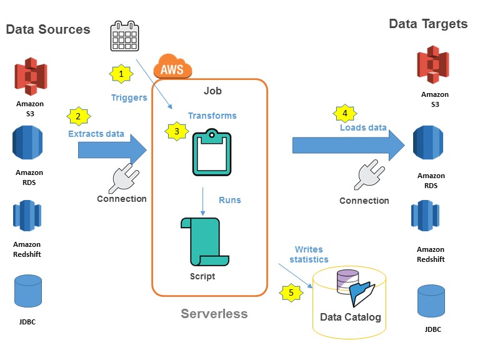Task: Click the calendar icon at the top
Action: tap(125, 36)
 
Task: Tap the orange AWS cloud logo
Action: tap(172, 66)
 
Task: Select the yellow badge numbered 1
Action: tap(121, 74)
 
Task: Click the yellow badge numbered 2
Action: tap(78, 116)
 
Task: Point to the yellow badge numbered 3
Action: tap(176, 131)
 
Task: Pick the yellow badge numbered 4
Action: tap(344, 113)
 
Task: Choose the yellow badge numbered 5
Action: tap(290, 292)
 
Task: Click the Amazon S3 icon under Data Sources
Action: tap(31, 76)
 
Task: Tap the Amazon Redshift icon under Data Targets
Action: tap(430, 216)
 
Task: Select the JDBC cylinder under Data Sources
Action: tap(28, 291)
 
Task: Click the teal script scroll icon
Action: tap(202, 241)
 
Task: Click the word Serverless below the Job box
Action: tap(214, 314)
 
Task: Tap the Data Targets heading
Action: tap(428, 24)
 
